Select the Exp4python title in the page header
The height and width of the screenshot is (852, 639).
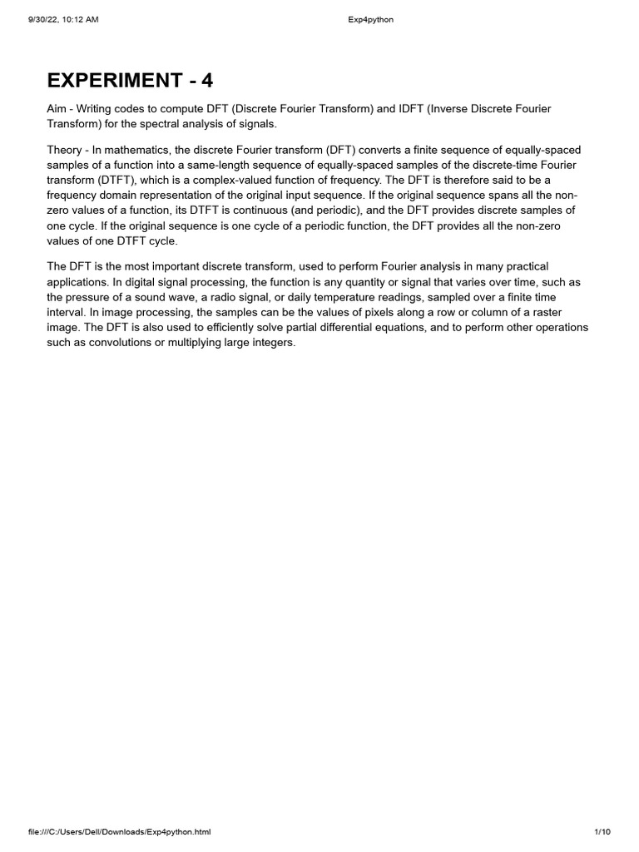369,20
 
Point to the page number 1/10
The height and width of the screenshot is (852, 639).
603,832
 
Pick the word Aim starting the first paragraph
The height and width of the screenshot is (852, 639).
57,110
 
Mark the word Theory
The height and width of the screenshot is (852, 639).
64,150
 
